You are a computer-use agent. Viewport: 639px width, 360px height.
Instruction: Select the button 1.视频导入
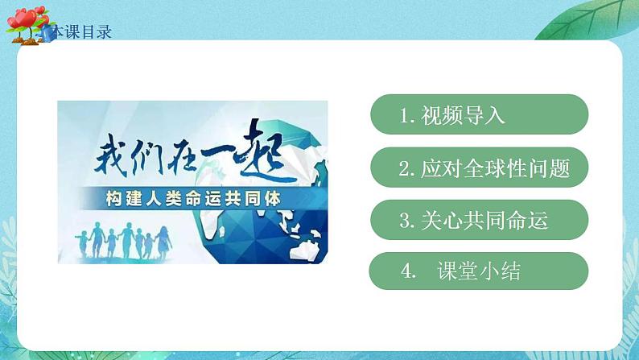coord(479,114)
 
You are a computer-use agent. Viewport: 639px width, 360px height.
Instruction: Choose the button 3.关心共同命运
coord(479,220)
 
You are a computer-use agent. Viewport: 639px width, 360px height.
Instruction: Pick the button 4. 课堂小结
coord(479,271)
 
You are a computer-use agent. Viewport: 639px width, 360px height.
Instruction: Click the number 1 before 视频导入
coord(404,115)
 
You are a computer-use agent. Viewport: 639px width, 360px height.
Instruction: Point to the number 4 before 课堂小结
coord(406,272)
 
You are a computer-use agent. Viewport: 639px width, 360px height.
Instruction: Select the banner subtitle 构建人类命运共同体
coord(192,198)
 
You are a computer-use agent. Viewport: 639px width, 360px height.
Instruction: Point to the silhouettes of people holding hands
coord(124,238)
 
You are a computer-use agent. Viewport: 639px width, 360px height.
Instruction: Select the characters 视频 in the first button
coord(443,115)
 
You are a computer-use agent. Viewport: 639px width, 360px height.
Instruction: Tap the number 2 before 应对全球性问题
coord(404,169)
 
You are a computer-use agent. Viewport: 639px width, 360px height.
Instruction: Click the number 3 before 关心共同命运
coord(404,221)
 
